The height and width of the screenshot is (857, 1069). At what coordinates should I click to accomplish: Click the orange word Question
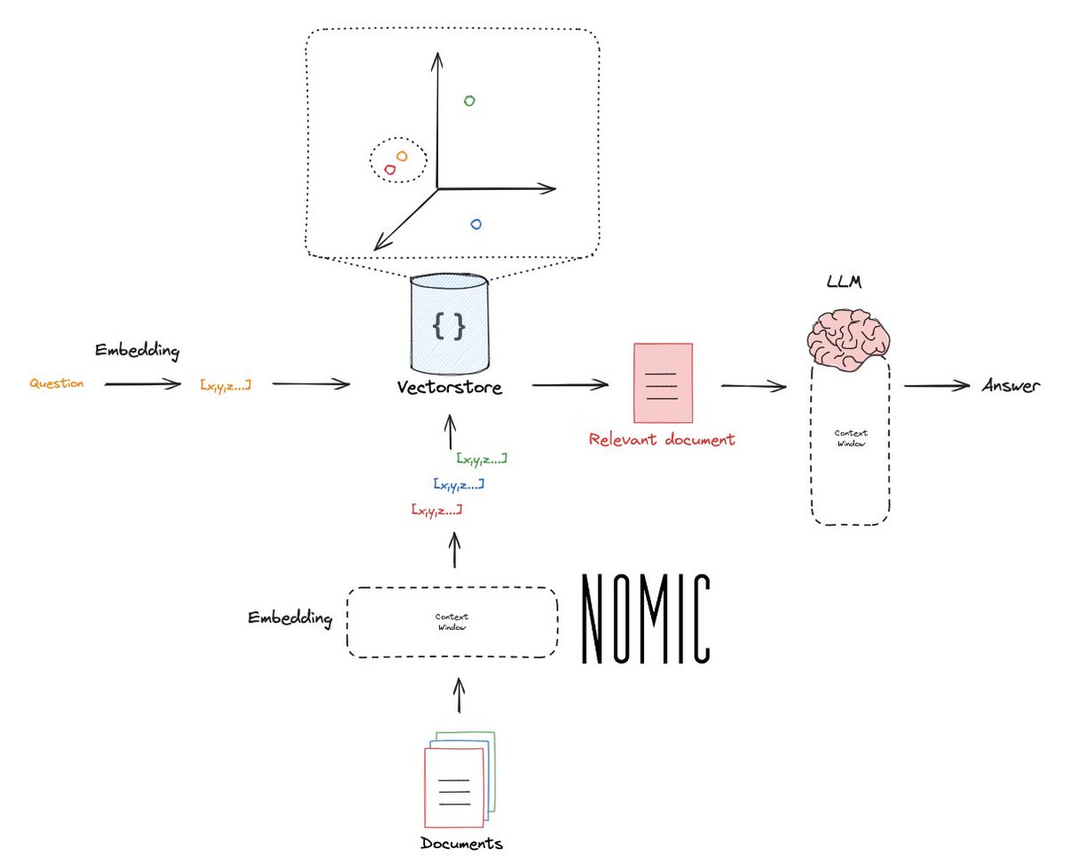(x=57, y=384)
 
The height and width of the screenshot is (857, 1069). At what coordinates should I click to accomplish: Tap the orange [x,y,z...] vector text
(x=225, y=384)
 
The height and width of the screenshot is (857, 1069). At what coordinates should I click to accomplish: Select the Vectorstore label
(x=450, y=389)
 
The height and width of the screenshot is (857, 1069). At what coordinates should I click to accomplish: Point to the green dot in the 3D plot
(x=469, y=101)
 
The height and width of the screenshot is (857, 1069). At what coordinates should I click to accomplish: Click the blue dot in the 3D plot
(x=476, y=224)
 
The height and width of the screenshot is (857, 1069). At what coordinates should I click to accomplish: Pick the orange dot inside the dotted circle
(x=402, y=156)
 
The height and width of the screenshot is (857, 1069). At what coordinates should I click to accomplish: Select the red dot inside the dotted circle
(x=389, y=168)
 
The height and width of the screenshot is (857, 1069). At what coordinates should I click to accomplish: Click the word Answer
(x=1009, y=386)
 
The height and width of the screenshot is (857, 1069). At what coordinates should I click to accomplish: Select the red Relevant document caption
(x=662, y=439)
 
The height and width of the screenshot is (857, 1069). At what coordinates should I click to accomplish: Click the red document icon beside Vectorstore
(x=662, y=383)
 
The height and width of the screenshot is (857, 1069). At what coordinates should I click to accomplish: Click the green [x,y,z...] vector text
(x=481, y=459)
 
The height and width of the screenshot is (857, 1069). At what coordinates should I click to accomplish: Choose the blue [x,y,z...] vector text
(x=459, y=485)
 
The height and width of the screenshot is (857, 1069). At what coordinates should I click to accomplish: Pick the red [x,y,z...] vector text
(x=437, y=510)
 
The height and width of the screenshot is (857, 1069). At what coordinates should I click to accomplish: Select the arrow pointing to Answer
(x=936, y=386)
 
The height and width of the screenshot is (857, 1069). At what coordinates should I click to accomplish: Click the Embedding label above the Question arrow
(x=138, y=351)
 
